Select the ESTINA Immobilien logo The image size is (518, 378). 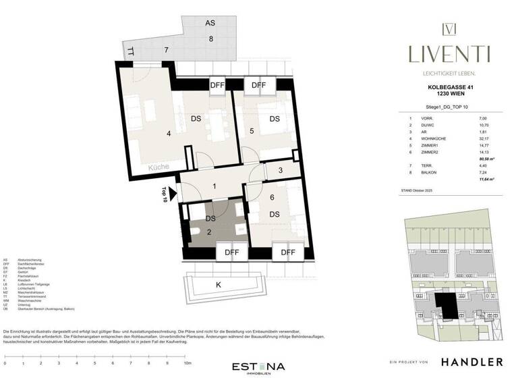[x=258, y=367]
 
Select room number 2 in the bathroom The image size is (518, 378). [x=209, y=232]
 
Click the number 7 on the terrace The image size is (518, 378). [x=165, y=51]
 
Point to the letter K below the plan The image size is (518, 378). [x=218, y=284]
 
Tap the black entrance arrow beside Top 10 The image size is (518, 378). [x=173, y=194]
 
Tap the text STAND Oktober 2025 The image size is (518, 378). [x=421, y=192]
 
